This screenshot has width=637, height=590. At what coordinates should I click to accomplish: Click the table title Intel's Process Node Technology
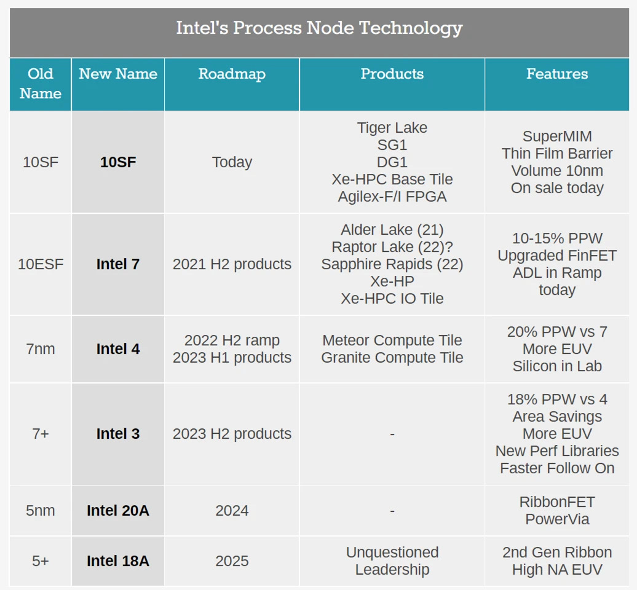319,28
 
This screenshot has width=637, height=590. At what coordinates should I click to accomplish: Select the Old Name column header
41,84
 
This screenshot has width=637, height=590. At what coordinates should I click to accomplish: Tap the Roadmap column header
232,74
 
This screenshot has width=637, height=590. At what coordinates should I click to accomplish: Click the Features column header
557,74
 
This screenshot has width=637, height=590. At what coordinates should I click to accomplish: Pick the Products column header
392,74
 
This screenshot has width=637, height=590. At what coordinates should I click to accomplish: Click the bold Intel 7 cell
118,264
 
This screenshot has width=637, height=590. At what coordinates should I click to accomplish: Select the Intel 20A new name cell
118,511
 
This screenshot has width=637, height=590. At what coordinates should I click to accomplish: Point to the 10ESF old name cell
41,264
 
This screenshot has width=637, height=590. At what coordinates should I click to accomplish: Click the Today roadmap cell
232,162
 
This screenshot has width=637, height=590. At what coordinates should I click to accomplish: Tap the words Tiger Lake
392,128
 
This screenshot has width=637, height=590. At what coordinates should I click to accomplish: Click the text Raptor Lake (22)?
392,247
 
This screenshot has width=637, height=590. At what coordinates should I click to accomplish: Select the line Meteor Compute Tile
392,340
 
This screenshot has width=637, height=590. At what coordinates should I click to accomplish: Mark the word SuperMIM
557,136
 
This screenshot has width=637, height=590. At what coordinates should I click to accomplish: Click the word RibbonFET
557,502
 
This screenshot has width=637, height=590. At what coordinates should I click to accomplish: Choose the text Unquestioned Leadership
392,561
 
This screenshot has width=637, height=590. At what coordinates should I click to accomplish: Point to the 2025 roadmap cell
232,561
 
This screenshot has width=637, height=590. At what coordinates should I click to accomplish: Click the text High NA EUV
557,570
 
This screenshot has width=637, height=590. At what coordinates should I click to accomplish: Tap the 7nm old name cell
41,349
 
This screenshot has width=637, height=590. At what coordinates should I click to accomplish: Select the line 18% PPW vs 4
557,399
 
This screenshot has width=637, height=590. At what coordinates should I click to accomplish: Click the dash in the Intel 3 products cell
392,435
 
